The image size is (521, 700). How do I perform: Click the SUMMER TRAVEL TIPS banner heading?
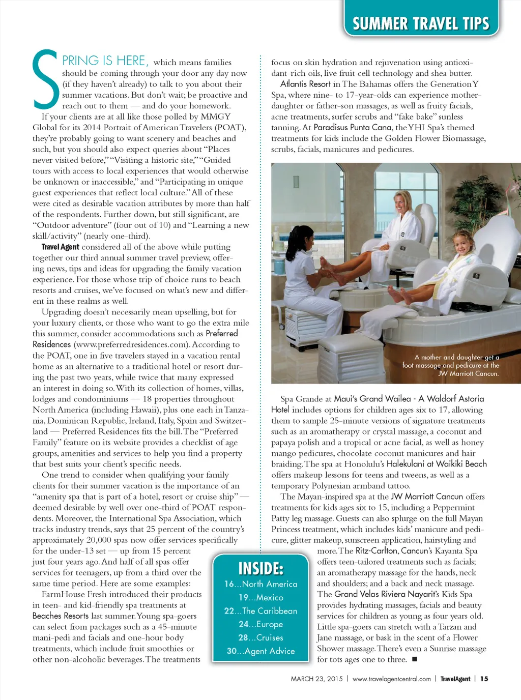420,23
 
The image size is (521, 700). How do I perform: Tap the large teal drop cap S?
46,79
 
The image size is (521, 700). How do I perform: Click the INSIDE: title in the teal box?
260,568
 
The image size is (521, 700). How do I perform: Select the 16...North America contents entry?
260,584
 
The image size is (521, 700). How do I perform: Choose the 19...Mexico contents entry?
260,597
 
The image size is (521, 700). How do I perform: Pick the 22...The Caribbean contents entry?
260,610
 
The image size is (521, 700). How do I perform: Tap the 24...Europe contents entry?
260,624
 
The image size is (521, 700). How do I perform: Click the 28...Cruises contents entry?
260,637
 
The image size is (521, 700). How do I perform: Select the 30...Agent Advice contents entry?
260,651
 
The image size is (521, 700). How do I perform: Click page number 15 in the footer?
484,679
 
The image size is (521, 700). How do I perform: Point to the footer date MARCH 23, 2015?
316,679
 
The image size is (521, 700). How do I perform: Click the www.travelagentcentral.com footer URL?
391,679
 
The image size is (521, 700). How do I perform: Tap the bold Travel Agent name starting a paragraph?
60,247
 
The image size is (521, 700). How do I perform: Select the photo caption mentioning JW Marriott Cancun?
450,365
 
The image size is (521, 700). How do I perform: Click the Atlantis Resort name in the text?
305,84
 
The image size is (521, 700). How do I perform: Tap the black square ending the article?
414,660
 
